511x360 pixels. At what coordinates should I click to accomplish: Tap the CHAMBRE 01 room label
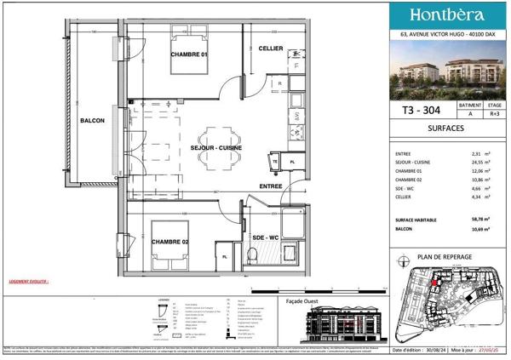[189, 55]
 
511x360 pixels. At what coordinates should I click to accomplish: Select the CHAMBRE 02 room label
[170, 243]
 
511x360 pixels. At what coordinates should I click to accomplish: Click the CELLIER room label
[271, 49]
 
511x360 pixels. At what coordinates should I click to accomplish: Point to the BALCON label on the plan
[92, 121]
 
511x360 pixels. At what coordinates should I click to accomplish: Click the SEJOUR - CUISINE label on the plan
[216, 148]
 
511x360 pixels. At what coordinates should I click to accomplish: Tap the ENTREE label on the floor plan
[271, 186]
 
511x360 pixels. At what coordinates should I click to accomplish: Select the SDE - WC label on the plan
[267, 237]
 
